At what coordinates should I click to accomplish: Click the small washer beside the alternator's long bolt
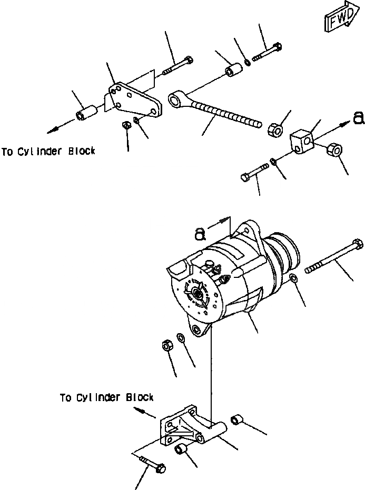(x=293, y=277)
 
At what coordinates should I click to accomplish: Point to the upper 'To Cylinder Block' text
(x=48, y=152)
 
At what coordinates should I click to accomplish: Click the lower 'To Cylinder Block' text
(x=106, y=397)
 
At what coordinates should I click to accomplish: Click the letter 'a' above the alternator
(x=200, y=234)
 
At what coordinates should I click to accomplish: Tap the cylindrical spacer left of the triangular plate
(x=86, y=113)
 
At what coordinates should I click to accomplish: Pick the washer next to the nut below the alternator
(x=181, y=337)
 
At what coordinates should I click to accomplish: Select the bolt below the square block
(x=254, y=173)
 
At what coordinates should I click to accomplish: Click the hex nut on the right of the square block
(x=334, y=151)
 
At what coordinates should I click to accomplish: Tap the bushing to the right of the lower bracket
(x=237, y=419)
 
